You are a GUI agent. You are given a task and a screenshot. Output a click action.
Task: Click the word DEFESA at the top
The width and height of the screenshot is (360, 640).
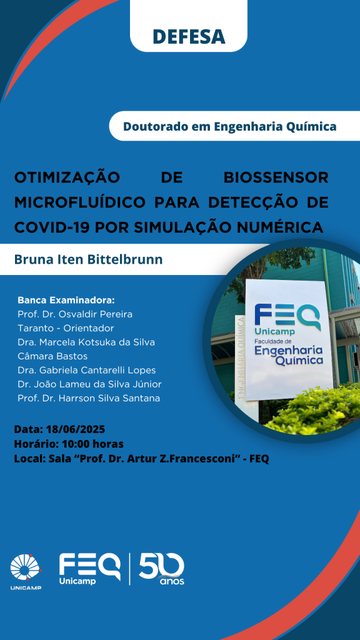[x=189, y=36]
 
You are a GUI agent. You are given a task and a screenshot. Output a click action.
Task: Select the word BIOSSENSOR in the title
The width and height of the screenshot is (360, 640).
[x=276, y=177]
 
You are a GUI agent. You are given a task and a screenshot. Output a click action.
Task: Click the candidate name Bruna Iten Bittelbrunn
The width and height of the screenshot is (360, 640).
[x=88, y=259]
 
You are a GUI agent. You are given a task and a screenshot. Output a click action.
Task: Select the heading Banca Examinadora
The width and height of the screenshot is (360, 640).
[x=66, y=301]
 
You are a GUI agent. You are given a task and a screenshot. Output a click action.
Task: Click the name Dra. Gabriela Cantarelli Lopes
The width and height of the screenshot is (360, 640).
[x=86, y=370]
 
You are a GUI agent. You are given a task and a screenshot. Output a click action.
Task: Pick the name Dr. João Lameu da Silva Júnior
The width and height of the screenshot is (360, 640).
[x=90, y=384]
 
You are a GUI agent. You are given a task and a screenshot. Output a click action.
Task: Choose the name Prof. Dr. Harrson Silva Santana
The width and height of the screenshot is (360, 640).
[x=89, y=398]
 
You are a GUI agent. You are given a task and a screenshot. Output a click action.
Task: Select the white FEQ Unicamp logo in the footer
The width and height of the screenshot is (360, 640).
[x=90, y=569]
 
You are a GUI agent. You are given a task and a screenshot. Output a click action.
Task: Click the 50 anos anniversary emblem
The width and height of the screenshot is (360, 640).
[x=162, y=569]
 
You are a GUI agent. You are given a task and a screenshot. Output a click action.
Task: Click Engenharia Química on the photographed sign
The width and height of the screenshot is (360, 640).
[x=288, y=355]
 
